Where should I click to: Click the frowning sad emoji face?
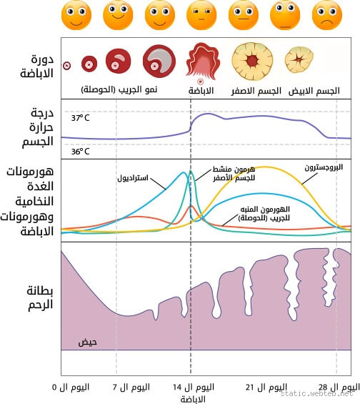click(x=326, y=14)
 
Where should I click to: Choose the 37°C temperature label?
click(x=81, y=117)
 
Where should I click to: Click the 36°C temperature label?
click(x=81, y=151)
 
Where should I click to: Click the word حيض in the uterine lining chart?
click(x=87, y=342)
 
